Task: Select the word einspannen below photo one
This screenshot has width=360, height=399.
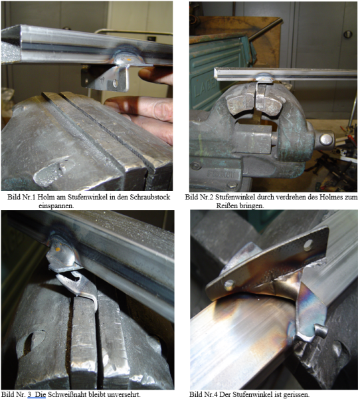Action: pos(56,206)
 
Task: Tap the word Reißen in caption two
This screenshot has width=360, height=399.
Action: pos(226,205)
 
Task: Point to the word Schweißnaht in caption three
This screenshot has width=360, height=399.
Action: pos(67,394)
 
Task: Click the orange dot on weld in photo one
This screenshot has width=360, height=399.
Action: pos(129,60)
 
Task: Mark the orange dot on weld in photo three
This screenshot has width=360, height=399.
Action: pos(58,249)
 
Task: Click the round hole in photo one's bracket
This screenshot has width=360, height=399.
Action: pos(116,83)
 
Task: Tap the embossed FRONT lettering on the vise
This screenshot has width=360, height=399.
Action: pos(221,174)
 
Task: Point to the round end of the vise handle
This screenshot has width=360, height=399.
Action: pos(326,139)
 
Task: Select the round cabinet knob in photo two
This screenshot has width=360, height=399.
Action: pos(348,35)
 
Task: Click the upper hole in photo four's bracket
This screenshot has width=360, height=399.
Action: pos(308,245)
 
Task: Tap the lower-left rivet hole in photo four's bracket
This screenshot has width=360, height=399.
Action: pos(229,285)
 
